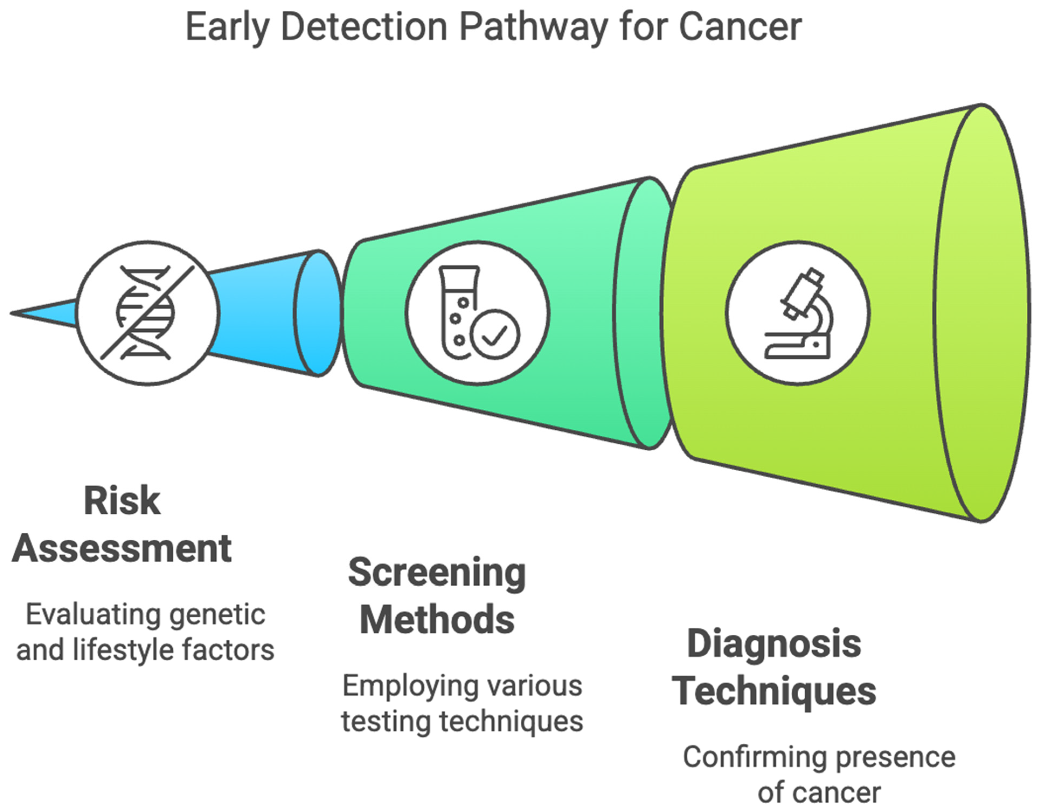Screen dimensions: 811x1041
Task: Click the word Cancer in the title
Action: pos(740,27)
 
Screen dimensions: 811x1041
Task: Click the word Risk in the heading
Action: pos(122,501)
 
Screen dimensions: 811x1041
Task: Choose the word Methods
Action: pos(437,620)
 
